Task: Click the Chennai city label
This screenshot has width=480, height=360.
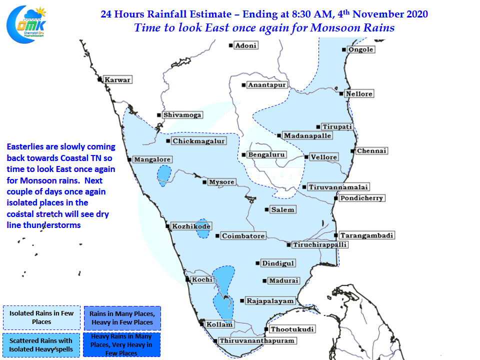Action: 371,151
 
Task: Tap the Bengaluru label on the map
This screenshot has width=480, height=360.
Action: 266,154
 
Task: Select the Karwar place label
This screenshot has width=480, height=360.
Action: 117,80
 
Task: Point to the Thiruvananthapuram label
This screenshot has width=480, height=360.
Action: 257,340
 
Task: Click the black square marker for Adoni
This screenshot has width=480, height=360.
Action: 231,45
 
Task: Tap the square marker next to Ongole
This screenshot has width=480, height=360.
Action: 344,49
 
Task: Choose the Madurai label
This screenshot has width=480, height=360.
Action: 284,280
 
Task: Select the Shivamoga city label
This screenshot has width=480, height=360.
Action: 182,115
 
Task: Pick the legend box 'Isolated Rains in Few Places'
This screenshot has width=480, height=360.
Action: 41,318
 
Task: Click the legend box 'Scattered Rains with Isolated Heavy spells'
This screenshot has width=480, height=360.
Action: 41,345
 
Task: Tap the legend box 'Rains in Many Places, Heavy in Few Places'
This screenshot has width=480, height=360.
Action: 122,318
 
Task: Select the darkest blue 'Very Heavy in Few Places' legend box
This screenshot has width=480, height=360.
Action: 122,344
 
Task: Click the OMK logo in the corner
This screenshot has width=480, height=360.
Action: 26,24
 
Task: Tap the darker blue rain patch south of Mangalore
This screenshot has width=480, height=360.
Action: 164,175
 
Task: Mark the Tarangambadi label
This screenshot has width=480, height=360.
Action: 366,235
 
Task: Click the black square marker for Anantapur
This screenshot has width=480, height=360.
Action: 243,85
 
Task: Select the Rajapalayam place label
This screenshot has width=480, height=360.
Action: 270,301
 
